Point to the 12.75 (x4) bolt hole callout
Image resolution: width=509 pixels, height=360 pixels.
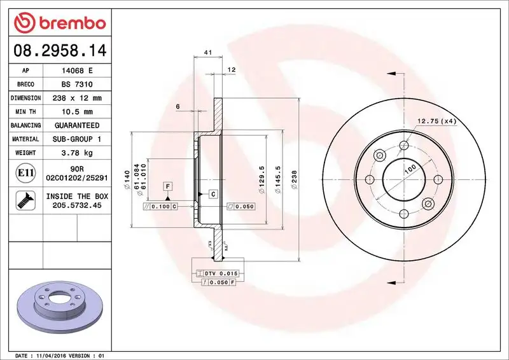pos(437,121)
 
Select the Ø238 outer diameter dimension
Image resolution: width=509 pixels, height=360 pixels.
pos(294,181)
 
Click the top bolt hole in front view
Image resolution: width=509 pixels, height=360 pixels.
pos(403,146)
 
